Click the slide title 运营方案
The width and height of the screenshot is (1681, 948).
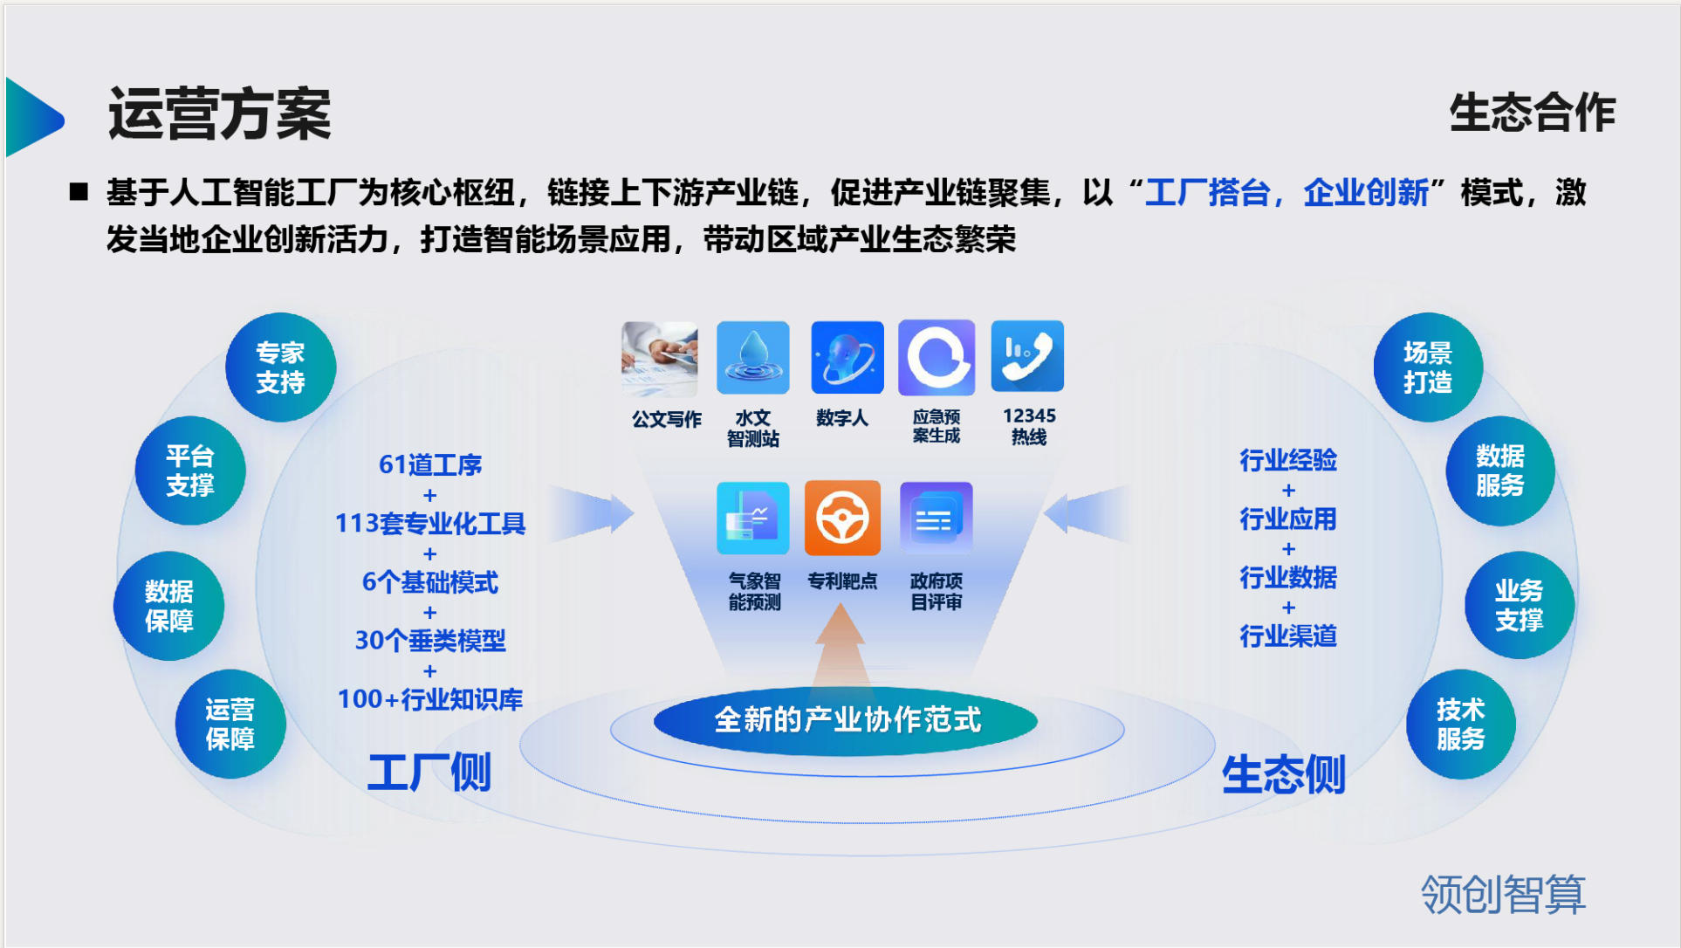pos(219,114)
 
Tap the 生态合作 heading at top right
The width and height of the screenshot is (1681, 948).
pos(1532,113)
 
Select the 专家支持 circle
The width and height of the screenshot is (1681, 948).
pos(280,368)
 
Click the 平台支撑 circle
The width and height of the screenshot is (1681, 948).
pos(190,471)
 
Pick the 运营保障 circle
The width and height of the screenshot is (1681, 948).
pos(230,724)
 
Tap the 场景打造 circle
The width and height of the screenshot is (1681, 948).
pos(1428,368)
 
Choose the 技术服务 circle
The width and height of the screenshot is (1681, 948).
pos(1461,724)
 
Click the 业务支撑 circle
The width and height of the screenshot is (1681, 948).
pos(1520,605)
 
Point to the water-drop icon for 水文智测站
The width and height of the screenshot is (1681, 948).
pos(752,357)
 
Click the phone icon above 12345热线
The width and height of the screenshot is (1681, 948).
pos(1027,356)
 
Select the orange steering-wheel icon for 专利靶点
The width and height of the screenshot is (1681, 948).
pos(842,518)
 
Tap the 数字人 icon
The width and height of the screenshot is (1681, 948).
pos(847,357)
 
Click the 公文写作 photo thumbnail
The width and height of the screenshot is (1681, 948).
pos(660,359)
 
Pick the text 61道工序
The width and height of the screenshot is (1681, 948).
pos(430,464)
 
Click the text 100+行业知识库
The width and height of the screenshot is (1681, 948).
pos(430,699)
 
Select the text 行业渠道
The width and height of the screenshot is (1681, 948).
pos(1288,635)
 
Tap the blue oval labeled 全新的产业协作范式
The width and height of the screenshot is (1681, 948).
pos(846,720)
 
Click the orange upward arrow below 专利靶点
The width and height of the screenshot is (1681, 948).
pos(840,646)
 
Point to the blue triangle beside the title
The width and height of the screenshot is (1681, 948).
pos(34,117)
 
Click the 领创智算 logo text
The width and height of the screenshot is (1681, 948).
pos(1503,895)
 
